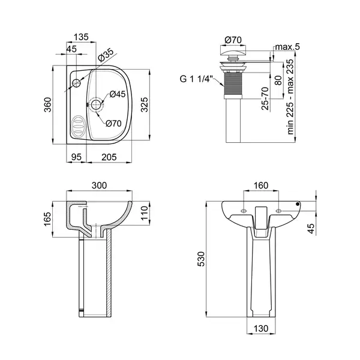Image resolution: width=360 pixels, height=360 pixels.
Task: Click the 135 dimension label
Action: click(x=81, y=37)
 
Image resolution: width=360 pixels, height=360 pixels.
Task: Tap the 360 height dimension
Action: click(x=48, y=104)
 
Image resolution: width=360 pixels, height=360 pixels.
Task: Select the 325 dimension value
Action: click(x=145, y=104)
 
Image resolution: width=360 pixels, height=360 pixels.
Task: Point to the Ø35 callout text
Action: click(x=106, y=55)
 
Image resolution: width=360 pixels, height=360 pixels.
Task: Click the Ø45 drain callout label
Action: click(x=118, y=94)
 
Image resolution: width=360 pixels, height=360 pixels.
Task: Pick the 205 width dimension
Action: click(x=109, y=157)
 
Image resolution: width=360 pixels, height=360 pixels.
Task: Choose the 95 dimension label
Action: click(x=76, y=157)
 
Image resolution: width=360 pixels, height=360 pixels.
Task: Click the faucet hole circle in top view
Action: click(x=76, y=83)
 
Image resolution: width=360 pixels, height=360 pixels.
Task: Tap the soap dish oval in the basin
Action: click(x=77, y=126)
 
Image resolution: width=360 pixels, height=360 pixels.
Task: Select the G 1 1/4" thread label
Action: click(x=195, y=79)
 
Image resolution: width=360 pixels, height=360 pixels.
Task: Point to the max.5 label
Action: click(x=287, y=47)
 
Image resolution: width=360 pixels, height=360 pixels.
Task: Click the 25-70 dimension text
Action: click(x=265, y=98)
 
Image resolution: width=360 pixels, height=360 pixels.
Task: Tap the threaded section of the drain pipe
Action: click(x=233, y=84)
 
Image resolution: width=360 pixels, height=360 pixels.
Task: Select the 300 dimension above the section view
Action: click(x=99, y=185)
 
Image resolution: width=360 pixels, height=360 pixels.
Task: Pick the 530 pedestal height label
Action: click(x=201, y=259)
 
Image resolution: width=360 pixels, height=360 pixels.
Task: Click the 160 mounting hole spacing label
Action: click(x=261, y=185)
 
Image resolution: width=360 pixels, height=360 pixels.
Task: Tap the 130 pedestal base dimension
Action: click(x=261, y=329)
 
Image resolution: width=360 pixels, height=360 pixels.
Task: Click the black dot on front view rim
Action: click(x=298, y=204)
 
